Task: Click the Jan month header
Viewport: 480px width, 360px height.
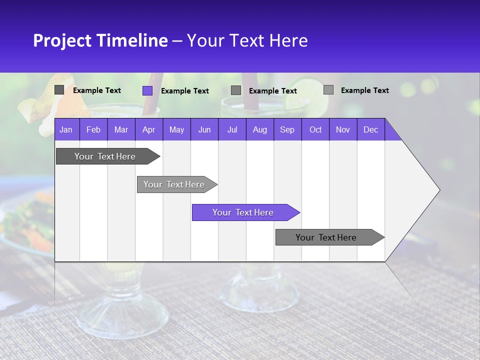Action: pos(66,129)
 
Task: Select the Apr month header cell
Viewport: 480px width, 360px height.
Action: pos(148,129)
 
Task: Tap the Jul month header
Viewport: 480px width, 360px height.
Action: pos(232,129)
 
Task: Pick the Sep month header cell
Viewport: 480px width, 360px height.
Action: pos(287,129)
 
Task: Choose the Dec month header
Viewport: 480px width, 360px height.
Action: pos(370,129)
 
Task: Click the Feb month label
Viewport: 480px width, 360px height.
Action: pos(93,129)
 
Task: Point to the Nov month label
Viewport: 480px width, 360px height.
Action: pos(343,129)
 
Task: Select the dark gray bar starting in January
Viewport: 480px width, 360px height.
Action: pos(105,156)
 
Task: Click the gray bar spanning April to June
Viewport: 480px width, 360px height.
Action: pos(174,184)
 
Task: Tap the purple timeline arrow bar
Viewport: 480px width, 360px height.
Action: pos(243,212)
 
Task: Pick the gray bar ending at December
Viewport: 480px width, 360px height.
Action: pos(326,237)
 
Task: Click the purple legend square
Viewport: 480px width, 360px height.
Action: pos(147,90)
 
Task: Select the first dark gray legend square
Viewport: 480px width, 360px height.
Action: pos(59,90)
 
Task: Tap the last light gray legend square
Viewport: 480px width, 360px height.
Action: pos(328,90)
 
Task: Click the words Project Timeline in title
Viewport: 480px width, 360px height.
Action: pos(100,40)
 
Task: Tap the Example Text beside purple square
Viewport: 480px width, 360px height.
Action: pos(184,91)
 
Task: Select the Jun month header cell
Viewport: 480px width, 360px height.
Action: pos(204,129)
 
